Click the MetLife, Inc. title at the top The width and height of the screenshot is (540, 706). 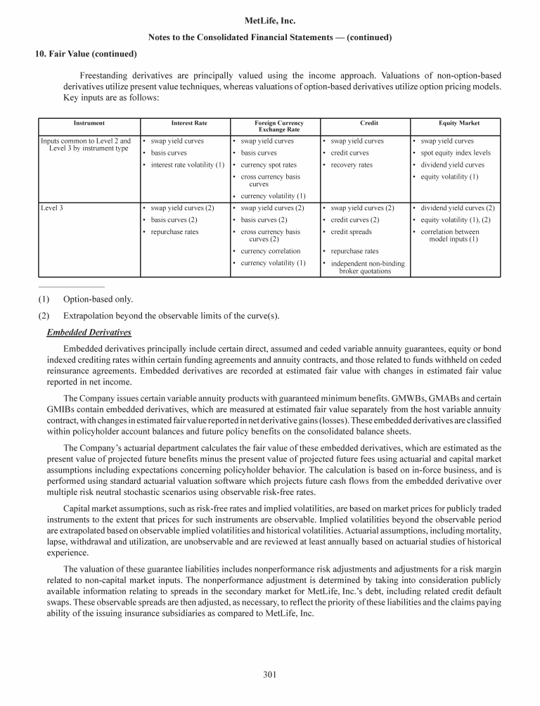click(x=270, y=22)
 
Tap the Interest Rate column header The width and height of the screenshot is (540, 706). click(x=189, y=123)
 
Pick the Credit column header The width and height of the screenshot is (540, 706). click(x=359, y=123)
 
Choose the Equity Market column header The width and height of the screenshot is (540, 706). click(x=458, y=123)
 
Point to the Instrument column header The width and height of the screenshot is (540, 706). click(x=89, y=123)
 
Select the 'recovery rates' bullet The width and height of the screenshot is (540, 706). click(x=352, y=165)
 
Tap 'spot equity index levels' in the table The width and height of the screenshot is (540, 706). click(x=455, y=153)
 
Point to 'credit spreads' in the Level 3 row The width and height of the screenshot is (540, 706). click(x=352, y=232)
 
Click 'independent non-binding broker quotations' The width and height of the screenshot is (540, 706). click(x=366, y=267)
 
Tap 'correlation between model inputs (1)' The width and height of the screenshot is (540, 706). click(x=453, y=236)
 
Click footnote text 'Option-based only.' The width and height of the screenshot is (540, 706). click(x=98, y=299)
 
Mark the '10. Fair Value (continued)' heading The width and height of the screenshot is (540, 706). click(x=86, y=53)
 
